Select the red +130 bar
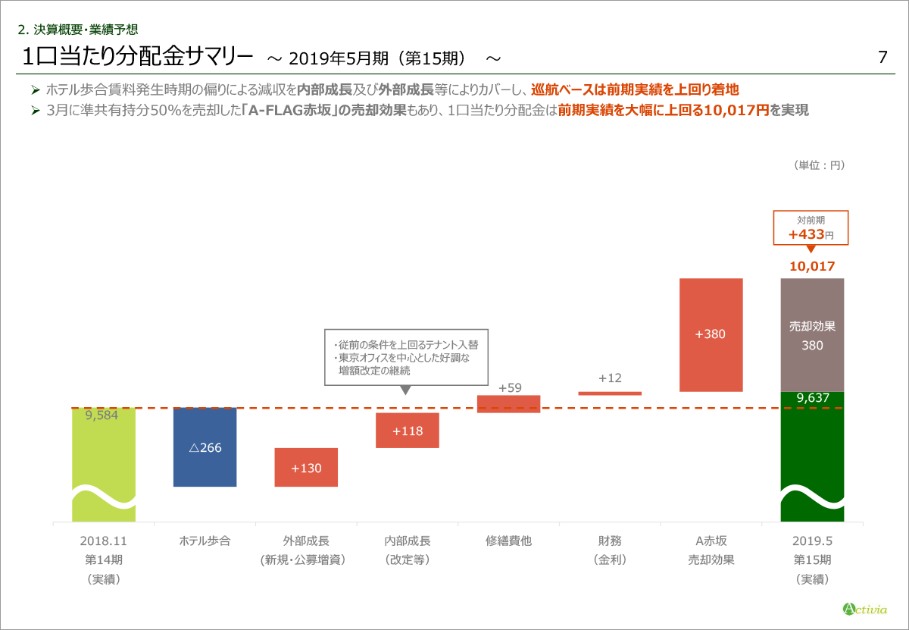306,467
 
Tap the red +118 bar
408,431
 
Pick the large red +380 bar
711,334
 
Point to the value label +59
510,388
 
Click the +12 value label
610,378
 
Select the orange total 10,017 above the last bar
812,266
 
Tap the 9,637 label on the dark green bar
812,397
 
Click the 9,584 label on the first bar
102,415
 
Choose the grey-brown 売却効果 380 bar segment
812,335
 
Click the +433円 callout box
811,227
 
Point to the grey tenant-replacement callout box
407,357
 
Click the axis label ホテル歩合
205,541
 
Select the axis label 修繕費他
509,541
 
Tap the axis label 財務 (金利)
610,550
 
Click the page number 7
882,58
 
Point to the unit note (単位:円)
820,165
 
